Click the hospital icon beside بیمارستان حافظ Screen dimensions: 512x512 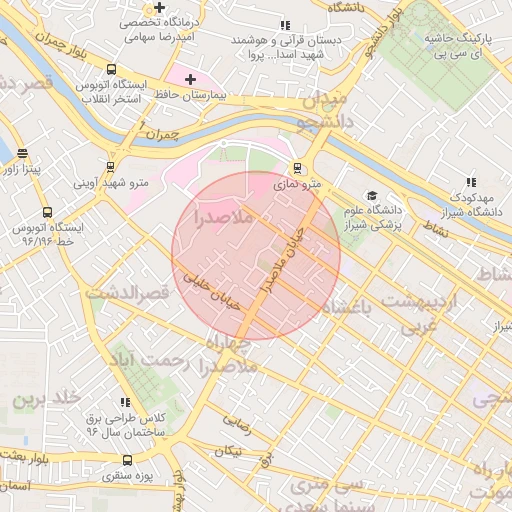coord(190,79)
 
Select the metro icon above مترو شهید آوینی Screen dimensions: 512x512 coord(110,167)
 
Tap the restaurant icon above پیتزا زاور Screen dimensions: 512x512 coord(23,153)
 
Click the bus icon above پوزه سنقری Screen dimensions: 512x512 coord(126,461)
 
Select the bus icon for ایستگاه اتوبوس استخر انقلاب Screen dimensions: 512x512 coord(110,71)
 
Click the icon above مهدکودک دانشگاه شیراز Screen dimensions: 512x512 coord(469,182)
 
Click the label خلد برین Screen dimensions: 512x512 coord(45,398)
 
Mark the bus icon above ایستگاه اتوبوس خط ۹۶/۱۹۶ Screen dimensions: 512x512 coord(47,212)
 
